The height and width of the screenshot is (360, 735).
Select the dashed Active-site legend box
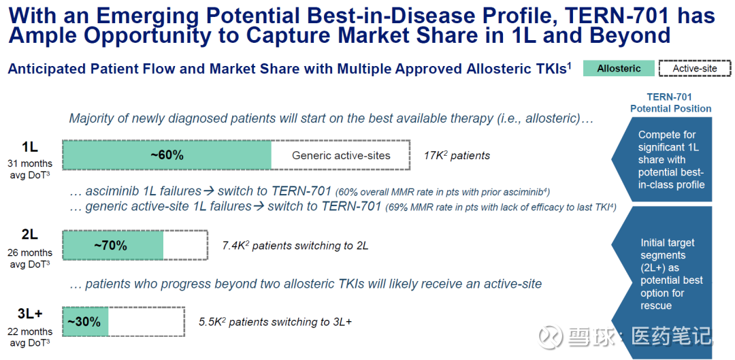695,69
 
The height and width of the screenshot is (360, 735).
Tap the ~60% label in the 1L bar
167,155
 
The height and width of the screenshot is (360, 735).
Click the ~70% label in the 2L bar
111,245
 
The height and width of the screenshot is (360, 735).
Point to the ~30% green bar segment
85,322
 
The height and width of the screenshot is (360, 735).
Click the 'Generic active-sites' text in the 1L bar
341,155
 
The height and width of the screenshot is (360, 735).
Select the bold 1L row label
29,147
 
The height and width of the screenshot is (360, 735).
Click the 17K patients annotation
457,156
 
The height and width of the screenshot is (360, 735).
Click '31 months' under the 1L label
30,164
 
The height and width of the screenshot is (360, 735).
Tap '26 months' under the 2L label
30,253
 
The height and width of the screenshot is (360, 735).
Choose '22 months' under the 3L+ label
30,332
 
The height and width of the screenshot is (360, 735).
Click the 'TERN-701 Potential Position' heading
671,103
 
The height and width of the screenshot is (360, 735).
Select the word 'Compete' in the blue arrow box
655,135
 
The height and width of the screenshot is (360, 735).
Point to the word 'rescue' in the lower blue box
656,306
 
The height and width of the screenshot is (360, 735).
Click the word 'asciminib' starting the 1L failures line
108,191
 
